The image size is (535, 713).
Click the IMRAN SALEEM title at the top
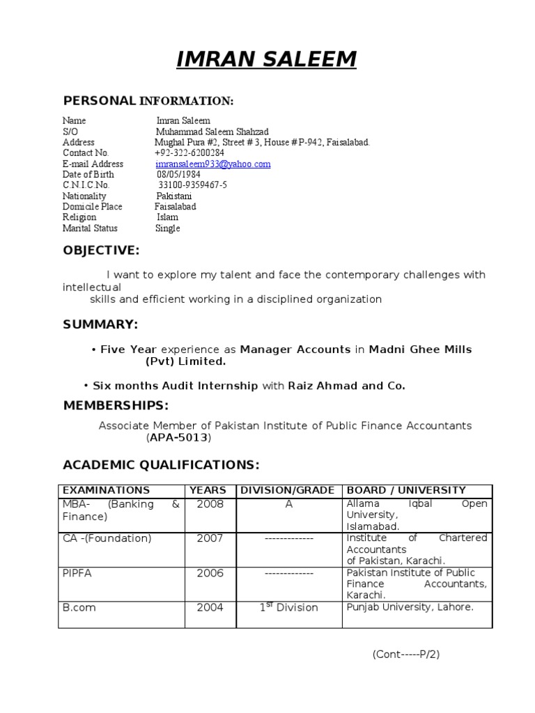tap(266, 61)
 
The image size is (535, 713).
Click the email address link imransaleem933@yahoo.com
tap(212, 164)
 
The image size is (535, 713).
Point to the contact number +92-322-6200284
tap(189, 153)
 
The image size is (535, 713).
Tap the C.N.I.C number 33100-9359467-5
tap(192, 186)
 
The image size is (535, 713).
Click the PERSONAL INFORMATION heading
tap(148, 101)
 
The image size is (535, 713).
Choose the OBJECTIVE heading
tap(101, 251)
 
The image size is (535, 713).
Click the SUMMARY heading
tap(100, 324)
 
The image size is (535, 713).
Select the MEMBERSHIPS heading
tap(116, 405)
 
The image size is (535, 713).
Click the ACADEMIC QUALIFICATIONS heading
tap(161, 464)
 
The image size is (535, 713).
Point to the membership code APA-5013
tap(179, 438)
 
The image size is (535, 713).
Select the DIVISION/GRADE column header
tap(288, 491)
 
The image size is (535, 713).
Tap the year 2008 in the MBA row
tap(210, 504)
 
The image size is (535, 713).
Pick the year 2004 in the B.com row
tap(210, 607)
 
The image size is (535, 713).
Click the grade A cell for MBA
tap(288, 504)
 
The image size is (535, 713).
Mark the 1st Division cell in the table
tap(288, 607)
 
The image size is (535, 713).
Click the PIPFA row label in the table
tap(78, 573)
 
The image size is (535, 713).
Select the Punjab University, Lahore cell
tap(410, 607)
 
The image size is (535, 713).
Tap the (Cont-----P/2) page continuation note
tap(405, 655)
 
